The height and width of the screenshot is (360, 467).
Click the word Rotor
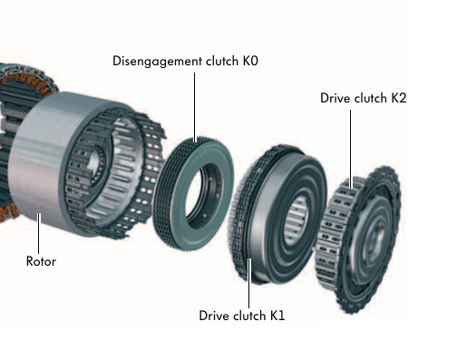tap(41, 261)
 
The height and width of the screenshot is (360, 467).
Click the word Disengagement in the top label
tap(157, 61)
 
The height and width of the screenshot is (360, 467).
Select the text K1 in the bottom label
tap(277, 316)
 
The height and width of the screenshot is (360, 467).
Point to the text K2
tap(399, 98)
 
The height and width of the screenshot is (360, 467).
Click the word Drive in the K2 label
tap(336, 98)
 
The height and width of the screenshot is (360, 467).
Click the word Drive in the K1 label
tap(214, 316)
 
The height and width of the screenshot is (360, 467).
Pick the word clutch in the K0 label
tap(222, 61)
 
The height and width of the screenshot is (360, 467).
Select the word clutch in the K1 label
tap(249, 316)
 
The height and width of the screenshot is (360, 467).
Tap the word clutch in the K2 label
tap(371, 98)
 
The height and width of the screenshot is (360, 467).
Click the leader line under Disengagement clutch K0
tap(194, 107)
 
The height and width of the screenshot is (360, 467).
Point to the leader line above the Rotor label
tap(39, 233)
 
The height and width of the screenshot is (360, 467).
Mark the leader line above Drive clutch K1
tap(249, 283)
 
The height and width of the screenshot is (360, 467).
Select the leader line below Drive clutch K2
tap(351, 149)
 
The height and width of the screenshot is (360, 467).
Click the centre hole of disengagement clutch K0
tap(202, 193)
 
